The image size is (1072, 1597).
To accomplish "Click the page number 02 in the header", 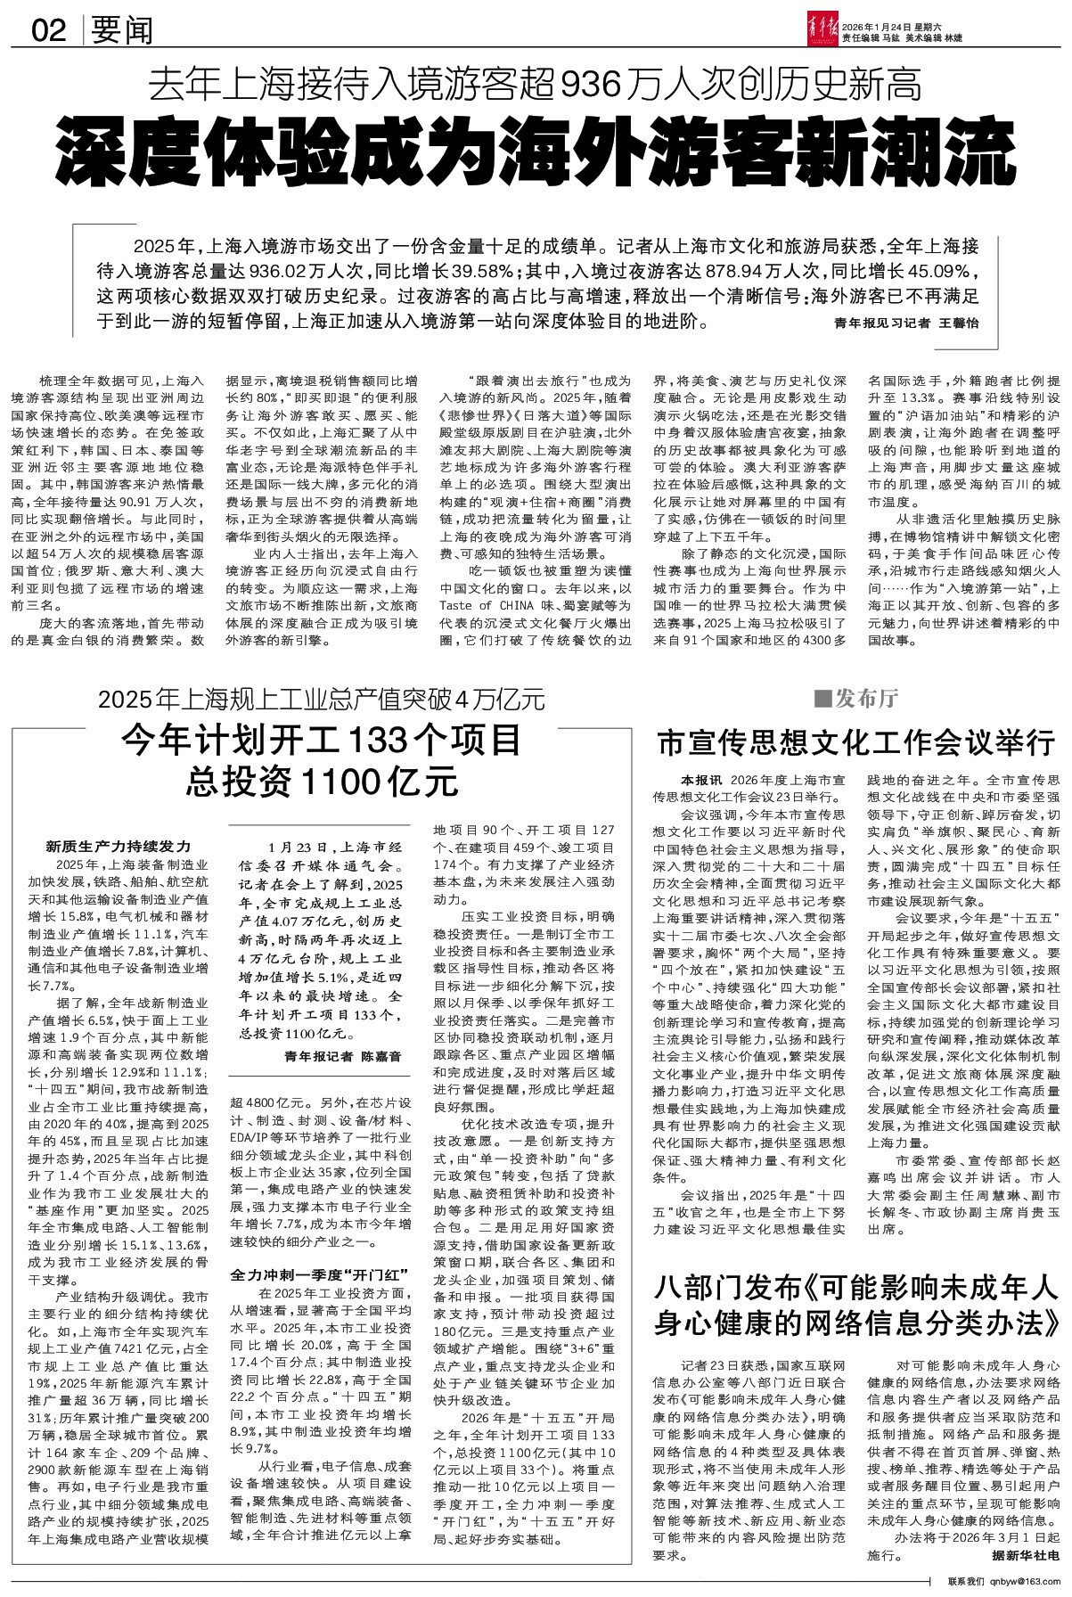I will (x=50, y=31).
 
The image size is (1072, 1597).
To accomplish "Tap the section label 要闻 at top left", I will (x=121, y=31).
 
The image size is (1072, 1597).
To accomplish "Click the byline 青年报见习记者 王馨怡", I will (x=905, y=323).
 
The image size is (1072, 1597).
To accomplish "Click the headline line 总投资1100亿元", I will (x=322, y=782).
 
